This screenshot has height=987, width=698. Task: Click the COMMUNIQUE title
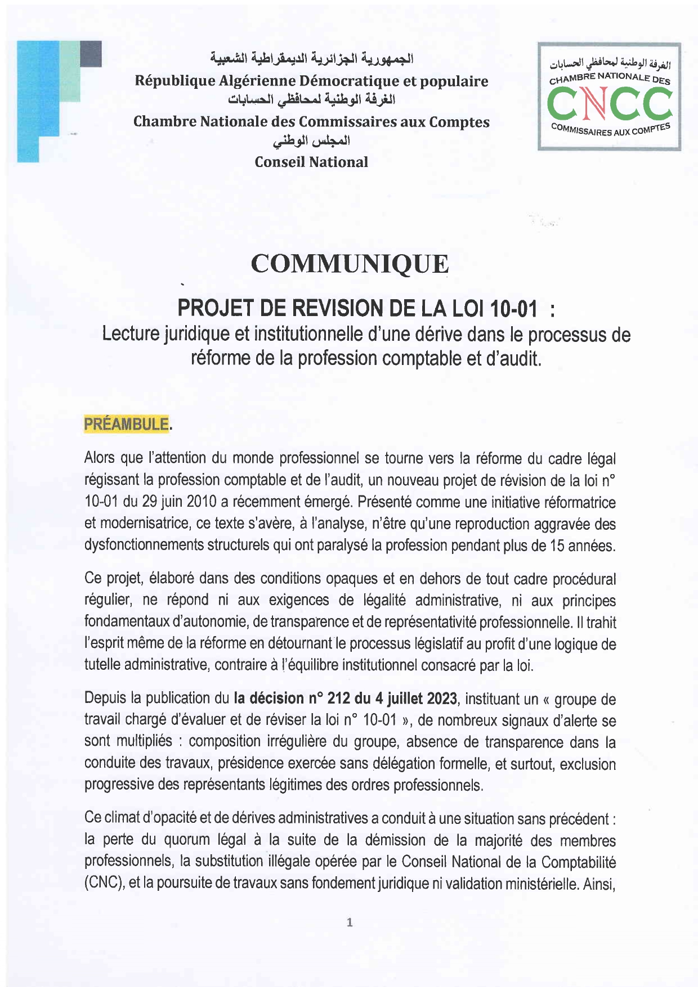click(350, 264)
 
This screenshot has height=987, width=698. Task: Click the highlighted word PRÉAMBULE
click(126, 424)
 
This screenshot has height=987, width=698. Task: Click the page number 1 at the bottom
click(350, 922)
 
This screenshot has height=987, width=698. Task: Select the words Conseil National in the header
click(311, 163)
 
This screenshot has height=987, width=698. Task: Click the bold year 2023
click(441, 698)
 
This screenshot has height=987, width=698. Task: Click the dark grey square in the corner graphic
click(91, 54)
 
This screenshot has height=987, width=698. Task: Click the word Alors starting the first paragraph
click(100, 458)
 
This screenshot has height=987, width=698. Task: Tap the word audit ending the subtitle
click(523, 358)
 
